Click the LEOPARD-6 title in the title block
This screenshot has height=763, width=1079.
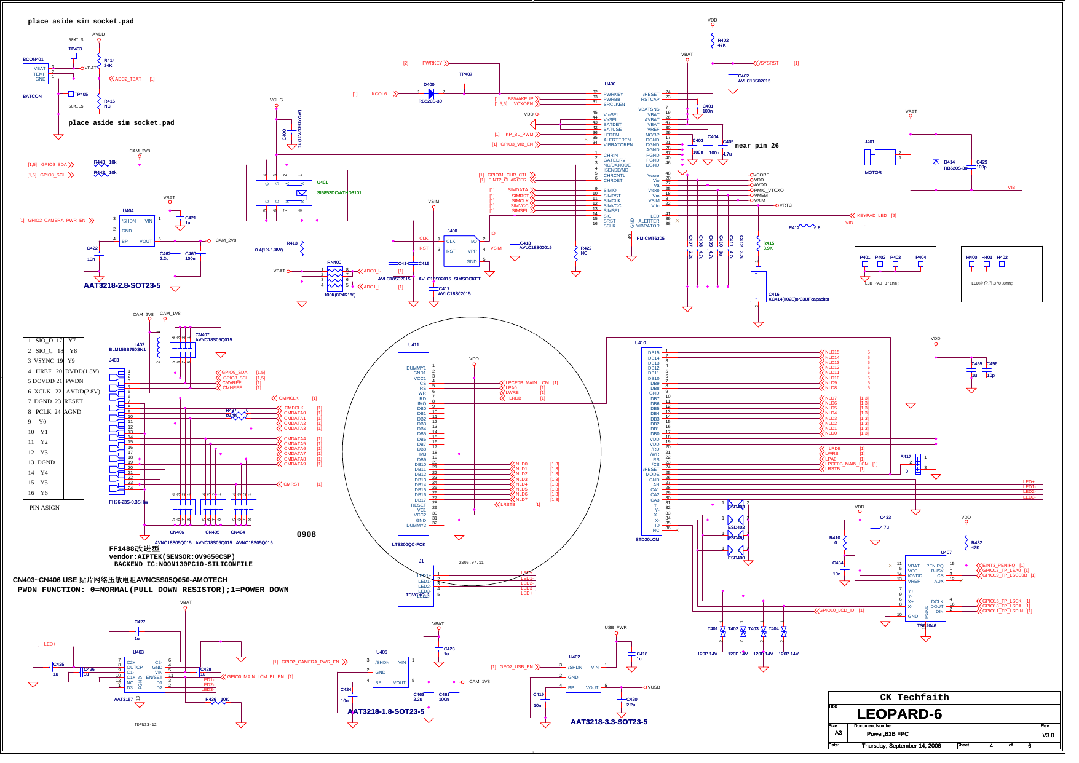pos(899,714)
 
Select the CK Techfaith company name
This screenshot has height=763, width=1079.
pos(914,697)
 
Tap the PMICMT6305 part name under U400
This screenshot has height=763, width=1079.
pos(650,239)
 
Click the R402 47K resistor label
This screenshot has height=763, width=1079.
pos(722,42)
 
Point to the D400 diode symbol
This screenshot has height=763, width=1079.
pos(430,93)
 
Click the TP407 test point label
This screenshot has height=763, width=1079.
pos(465,74)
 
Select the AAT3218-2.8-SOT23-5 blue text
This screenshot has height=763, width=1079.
pos(122,285)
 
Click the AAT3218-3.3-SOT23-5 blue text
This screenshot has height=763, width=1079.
pos(609,722)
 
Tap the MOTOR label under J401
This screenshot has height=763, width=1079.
pos(872,173)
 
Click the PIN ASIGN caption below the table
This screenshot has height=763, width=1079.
pos(44,508)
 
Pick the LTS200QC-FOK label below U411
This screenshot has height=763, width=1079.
pos(408,544)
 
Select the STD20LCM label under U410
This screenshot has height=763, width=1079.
pos(647,540)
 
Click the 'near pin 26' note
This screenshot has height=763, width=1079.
pos(756,146)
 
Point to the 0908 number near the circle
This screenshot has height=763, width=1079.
pos(306,534)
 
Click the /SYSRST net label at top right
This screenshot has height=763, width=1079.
pos(769,63)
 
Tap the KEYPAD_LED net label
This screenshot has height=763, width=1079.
pos(872,216)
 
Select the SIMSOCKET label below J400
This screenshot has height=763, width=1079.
pos(467,279)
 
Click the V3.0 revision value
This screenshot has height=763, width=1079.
pos(1048,735)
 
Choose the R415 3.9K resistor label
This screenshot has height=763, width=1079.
pos(769,245)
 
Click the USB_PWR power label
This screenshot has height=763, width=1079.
pos(615,628)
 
